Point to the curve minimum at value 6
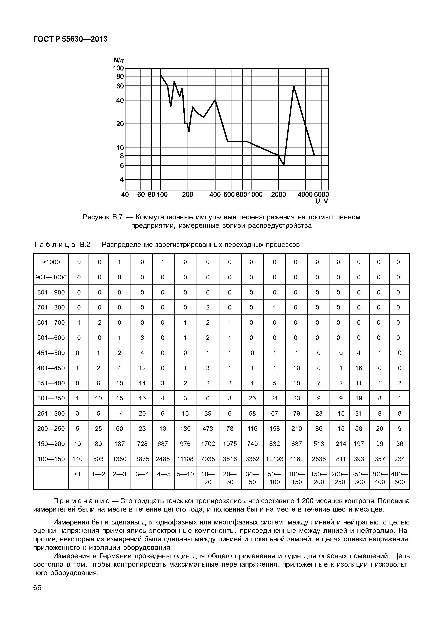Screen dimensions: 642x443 pos(284,165)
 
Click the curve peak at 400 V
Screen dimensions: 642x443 pos(215,100)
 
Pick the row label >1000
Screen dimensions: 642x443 pos(51,262)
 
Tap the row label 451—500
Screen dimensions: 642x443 pos(51,353)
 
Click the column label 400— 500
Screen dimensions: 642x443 pos(399,478)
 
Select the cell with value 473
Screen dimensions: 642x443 pos(208,429)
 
